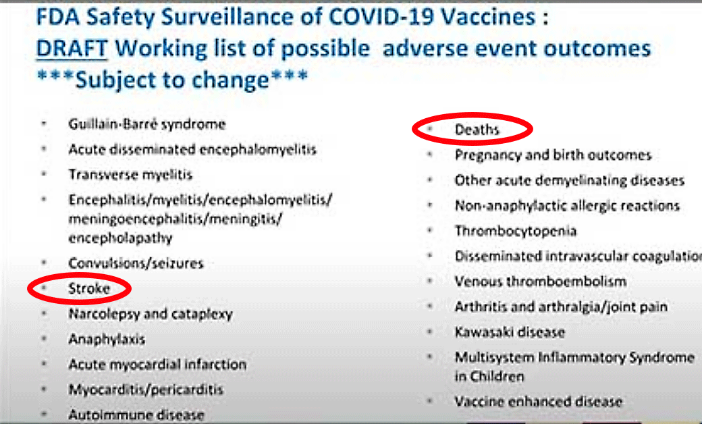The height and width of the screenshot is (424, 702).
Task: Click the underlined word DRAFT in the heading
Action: click(x=72, y=49)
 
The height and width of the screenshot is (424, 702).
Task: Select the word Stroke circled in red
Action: click(x=89, y=288)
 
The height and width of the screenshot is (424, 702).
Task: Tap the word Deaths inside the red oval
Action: click(x=477, y=130)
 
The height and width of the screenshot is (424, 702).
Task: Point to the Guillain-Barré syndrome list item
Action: click(x=147, y=124)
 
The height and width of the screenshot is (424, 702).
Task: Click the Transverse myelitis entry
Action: click(x=130, y=174)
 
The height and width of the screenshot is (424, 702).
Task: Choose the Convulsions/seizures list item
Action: click(x=136, y=263)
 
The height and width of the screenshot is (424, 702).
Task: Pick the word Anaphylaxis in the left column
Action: click(x=107, y=340)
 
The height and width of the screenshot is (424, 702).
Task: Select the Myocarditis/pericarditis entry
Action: click(x=146, y=390)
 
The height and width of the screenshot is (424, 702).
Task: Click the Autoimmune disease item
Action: click(x=136, y=415)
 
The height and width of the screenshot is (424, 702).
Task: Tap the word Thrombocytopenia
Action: click(x=516, y=231)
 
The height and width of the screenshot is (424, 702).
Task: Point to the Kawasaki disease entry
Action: click(x=510, y=332)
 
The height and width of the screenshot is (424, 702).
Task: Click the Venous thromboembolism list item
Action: click(x=541, y=282)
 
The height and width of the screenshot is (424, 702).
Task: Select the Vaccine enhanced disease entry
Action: click(x=539, y=402)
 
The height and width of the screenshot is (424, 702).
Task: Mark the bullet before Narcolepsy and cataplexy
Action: click(x=44, y=313)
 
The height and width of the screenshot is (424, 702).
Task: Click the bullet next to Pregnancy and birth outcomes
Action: click(x=430, y=155)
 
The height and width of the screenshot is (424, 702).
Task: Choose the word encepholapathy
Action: click(x=120, y=238)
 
